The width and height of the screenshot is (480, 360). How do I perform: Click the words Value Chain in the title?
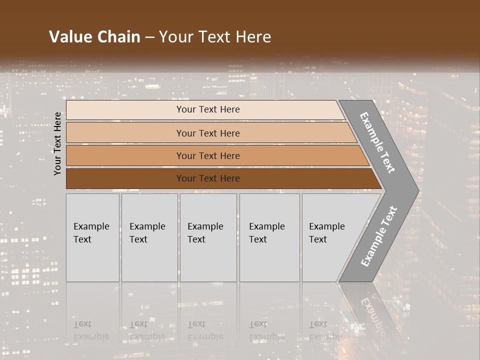pos(94,37)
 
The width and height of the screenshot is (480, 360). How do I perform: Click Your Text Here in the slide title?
pos(215,37)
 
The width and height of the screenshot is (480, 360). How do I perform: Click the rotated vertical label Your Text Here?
pos(58,144)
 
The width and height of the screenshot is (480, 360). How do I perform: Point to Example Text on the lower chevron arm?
pos(379,236)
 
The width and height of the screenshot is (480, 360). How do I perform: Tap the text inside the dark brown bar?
pos(208,178)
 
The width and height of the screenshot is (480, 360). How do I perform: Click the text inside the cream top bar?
pos(208,109)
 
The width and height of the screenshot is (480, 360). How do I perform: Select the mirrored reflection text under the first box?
pos(91,331)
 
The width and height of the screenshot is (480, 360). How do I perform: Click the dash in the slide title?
pos(149,37)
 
